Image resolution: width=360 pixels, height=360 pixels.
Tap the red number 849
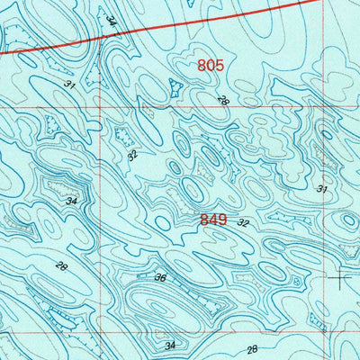(215, 219)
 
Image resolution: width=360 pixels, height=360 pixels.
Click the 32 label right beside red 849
(243, 221)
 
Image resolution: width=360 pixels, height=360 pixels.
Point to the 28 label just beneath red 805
(222, 101)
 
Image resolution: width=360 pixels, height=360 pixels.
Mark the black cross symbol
(340, 278)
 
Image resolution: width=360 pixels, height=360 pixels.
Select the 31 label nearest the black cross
(321, 189)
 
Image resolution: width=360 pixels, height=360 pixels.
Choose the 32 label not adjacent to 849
(132, 155)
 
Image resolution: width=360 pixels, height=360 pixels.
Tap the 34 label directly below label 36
(170, 344)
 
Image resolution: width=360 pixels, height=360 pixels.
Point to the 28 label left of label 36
(61, 265)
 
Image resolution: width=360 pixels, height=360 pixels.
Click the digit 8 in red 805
(202, 66)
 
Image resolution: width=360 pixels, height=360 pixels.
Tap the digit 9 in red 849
(225, 219)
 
